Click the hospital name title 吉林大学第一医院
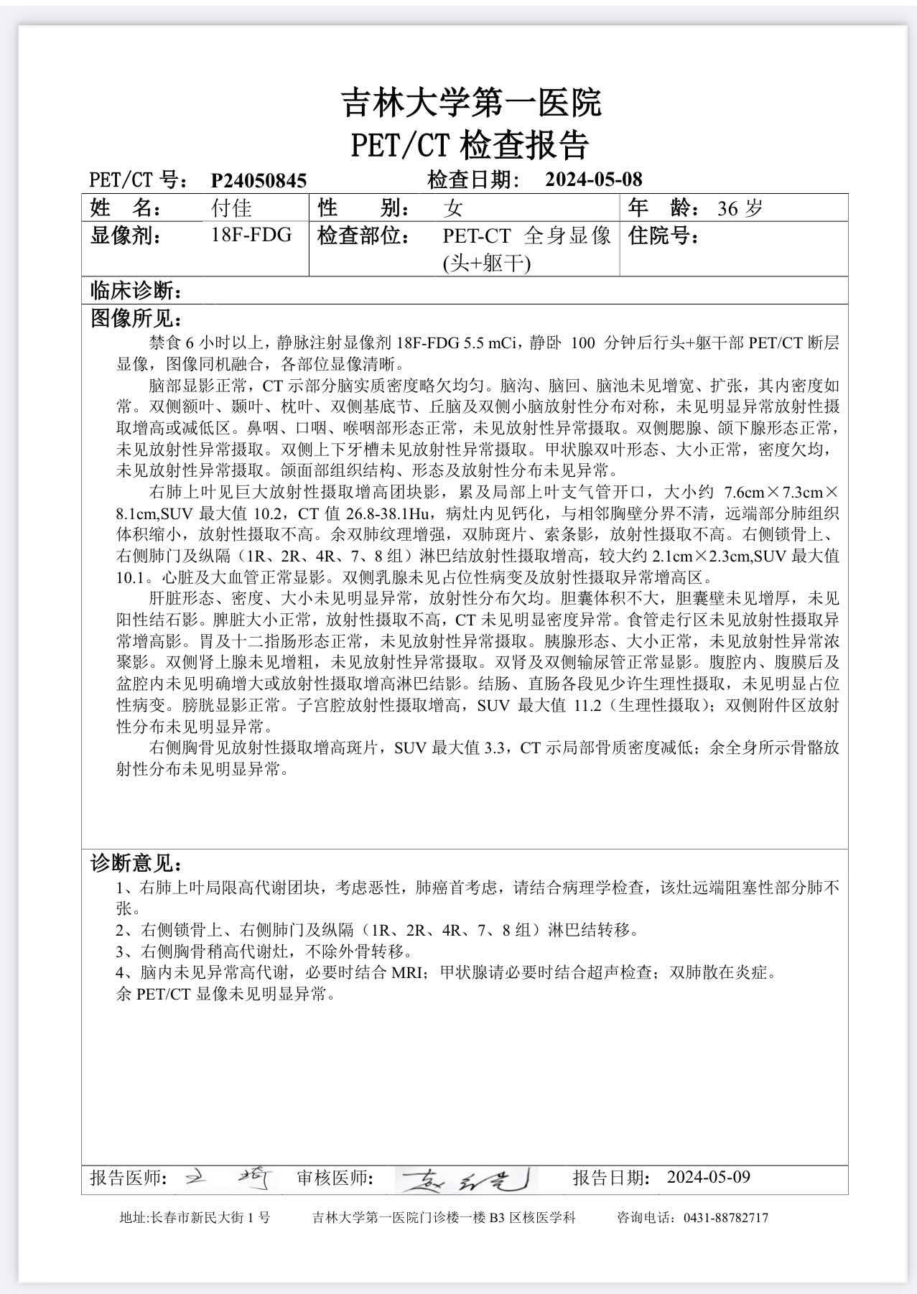[470, 103]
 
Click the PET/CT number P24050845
[259, 180]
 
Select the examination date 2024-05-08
[593, 179]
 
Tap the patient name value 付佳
[231, 208]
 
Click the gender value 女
[452, 208]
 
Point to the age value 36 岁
[740, 208]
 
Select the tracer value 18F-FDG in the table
[251, 235]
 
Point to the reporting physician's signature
[230, 1178]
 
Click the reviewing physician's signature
[467, 1178]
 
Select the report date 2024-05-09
[708, 1177]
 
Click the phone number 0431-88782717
[725, 1218]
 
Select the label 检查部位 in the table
[363, 236]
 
